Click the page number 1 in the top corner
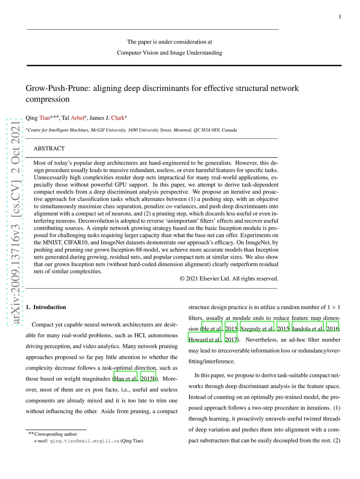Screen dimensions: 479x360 340,17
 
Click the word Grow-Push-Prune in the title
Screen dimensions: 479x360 58,88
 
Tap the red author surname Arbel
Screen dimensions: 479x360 77,118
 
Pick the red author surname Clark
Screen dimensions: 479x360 118,118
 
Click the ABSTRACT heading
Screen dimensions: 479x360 49,149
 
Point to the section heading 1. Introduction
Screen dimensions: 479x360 46,307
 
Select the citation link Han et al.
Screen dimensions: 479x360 125,379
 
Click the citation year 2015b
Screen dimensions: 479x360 148,379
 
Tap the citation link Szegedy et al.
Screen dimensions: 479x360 257,329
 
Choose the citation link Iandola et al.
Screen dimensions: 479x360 308,329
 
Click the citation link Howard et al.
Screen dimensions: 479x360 204,340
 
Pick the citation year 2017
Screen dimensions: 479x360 231,340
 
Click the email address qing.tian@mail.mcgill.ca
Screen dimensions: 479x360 84,441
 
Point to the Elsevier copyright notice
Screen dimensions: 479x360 229,279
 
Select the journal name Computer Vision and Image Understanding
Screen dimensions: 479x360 169,53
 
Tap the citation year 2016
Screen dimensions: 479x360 332,329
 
